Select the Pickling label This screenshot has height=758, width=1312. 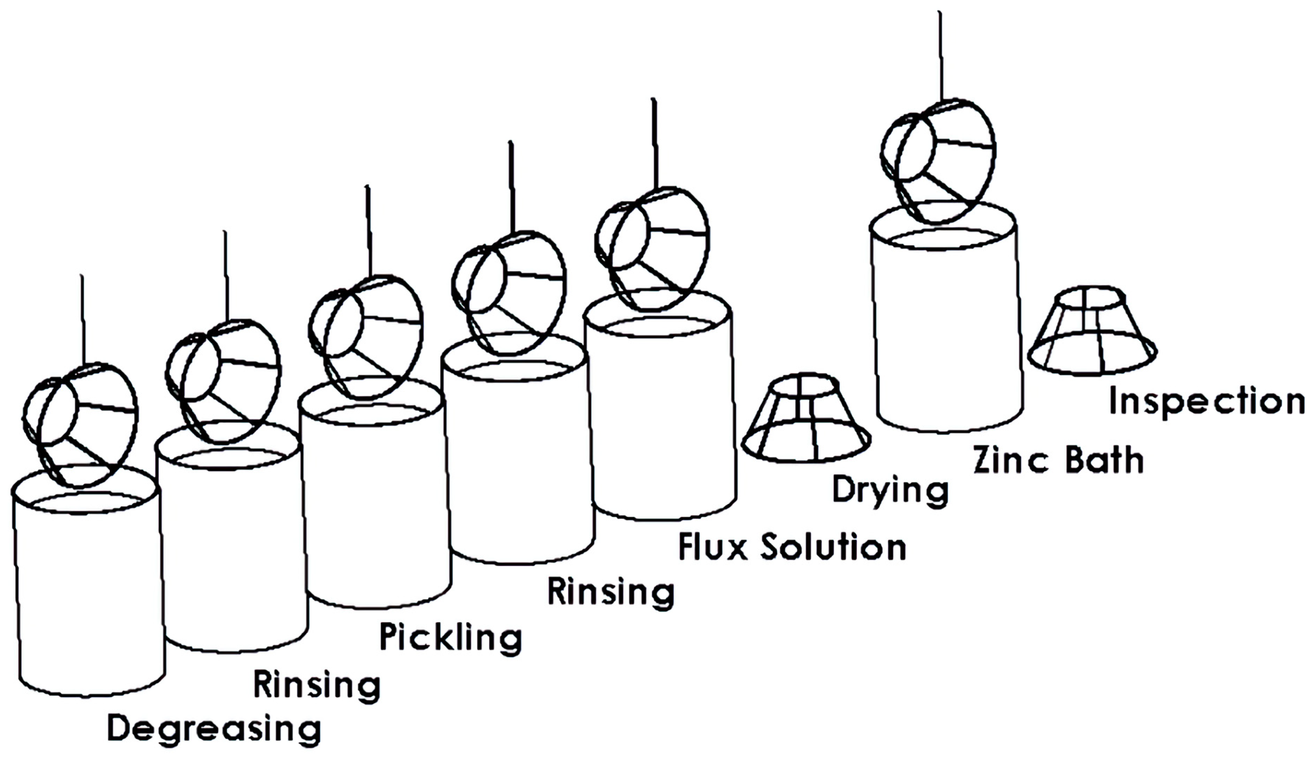[x=451, y=638]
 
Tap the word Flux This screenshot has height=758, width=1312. [x=712, y=547]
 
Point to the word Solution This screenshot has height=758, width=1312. [x=833, y=547]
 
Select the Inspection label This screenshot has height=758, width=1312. [x=1206, y=402]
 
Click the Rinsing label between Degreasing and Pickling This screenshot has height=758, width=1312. [x=316, y=686]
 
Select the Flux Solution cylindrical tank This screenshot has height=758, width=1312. [x=661, y=416]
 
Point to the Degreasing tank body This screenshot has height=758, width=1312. [x=88, y=599]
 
